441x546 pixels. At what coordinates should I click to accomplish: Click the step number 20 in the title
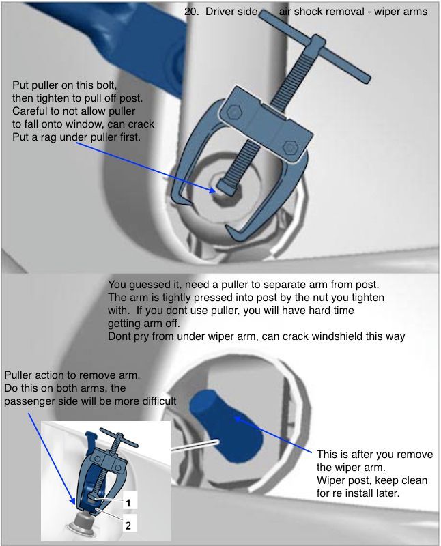192,12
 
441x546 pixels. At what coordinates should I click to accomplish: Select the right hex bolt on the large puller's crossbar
290,147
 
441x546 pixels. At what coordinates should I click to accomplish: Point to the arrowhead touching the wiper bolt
212,190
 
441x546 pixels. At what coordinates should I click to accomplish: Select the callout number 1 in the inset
128,503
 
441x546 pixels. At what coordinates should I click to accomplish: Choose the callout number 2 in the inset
128,525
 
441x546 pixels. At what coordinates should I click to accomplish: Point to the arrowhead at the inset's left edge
72,501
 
